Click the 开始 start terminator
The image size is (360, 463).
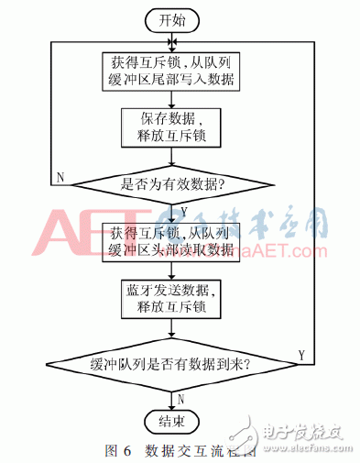coord(171,18)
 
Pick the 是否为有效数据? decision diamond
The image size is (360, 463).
coord(171,182)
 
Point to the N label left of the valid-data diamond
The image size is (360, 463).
coord(60,175)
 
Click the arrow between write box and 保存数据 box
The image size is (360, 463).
coord(171,100)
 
